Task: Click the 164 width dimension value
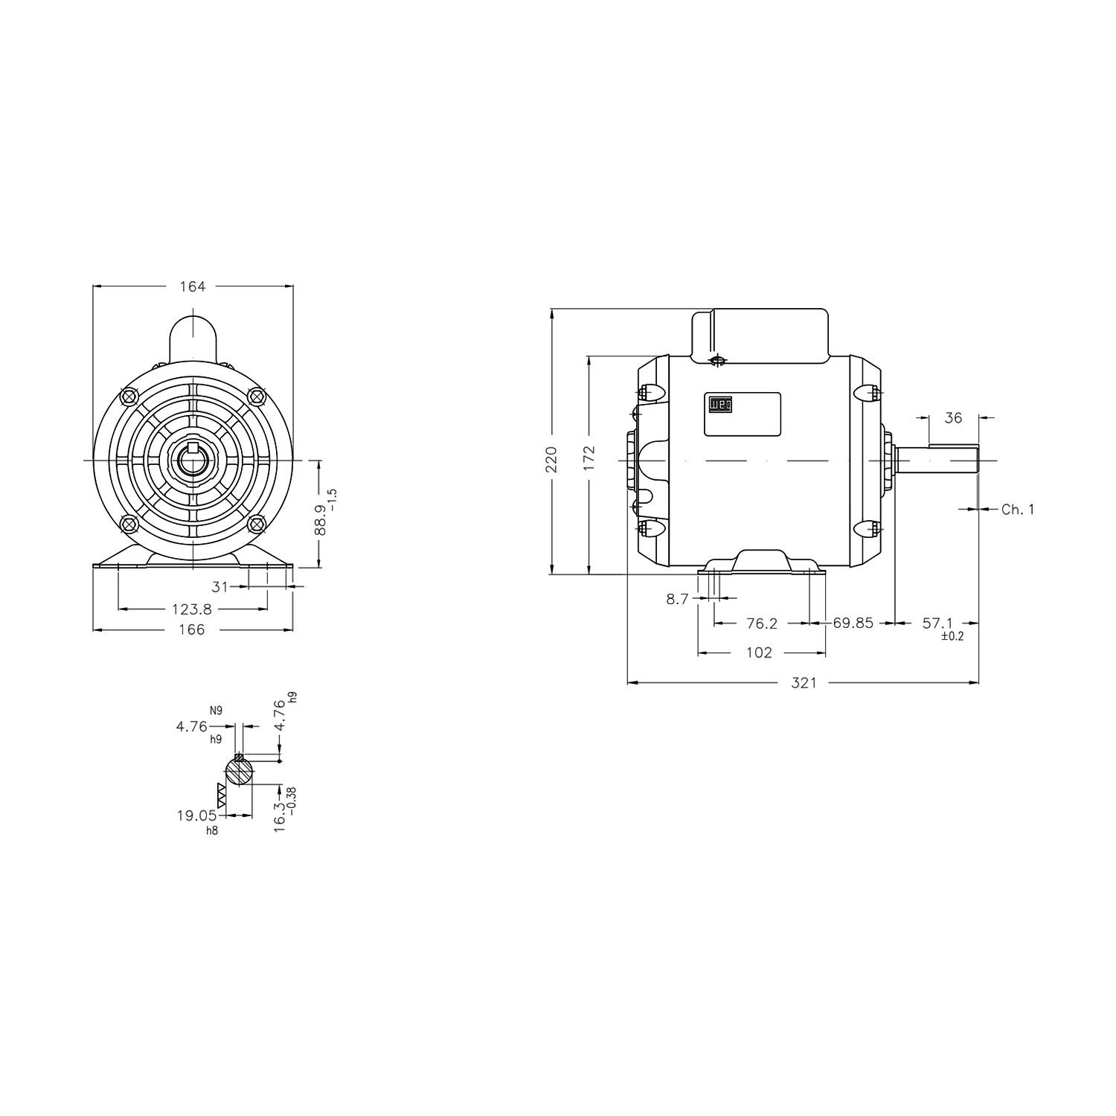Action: tap(192, 286)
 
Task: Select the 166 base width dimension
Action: tap(192, 630)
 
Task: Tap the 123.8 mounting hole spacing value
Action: tap(192, 609)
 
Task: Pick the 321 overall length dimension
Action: tap(804, 682)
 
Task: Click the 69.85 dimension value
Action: tap(853, 623)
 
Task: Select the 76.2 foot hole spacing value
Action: tap(762, 623)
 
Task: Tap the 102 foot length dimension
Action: tap(759, 652)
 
